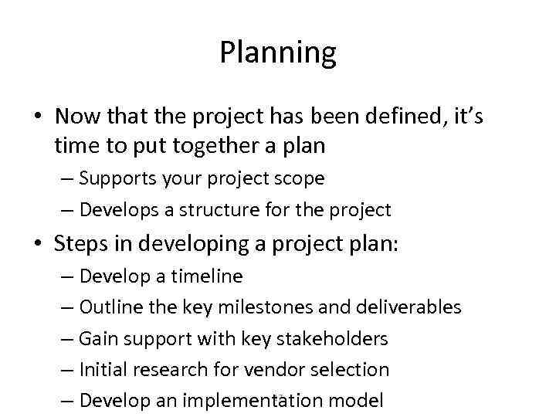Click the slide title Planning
click(278, 53)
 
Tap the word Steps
click(80, 244)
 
